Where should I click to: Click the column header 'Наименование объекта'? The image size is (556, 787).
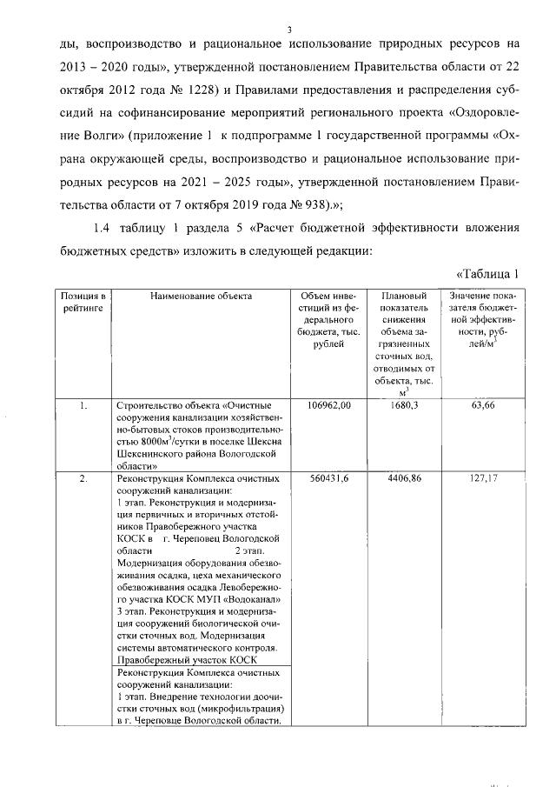[x=201, y=297]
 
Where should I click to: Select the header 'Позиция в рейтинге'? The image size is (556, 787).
[x=83, y=302]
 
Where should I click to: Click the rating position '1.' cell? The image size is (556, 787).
[x=83, y=405]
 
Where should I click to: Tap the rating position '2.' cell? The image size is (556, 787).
[x=83, y=478]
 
